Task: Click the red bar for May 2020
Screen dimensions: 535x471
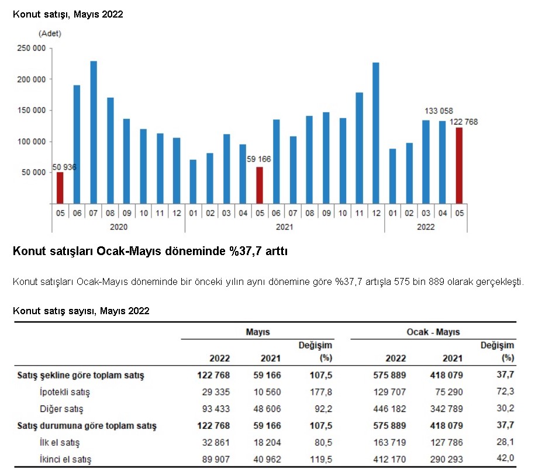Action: pyautogui.click(x=60, y=188)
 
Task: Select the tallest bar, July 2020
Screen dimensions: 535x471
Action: pyautogui.click(x=93, y=132)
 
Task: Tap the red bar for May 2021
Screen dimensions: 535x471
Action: pyautogui.click(x=260, y=185)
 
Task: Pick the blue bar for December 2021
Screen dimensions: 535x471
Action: pyautogui.click(x=375, y=133)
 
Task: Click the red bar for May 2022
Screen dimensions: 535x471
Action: pyautogui.click(x=459, y=166)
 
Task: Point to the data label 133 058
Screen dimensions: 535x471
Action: pyautogui.click(x=439, y=111)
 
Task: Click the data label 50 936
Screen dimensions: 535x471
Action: pyautogui.click(x=64, y=167)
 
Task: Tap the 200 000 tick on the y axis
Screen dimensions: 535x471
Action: pyautogui.click(x=32, y=79)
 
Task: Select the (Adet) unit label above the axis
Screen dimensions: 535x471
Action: pyautogui.click(x=50, y=33)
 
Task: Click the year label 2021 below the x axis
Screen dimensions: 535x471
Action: pyautogui.click(x=285, y=227)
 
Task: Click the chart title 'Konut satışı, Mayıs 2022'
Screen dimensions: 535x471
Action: pyautogui.click(x=68, y=15)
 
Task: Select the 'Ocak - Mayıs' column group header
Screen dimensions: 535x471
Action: pyautogui.click(x=433, y=332)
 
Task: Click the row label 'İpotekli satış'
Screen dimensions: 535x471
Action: pyautogui.click(x=65, y=392)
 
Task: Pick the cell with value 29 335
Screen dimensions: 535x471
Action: pyautogui.click(x=216, y=392)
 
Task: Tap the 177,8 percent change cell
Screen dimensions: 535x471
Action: pyautogui.click(x=321, y=392)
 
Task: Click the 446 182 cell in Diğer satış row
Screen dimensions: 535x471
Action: pyautogui.click(x=389, y=408)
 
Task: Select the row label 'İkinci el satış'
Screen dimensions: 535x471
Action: pyautogui.click(x=65, y=459)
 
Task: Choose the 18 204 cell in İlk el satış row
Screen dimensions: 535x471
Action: pyautogui.click(x=267, y=442)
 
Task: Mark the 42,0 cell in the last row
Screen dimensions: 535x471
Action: pyautogui.click(x=505, y=458)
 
